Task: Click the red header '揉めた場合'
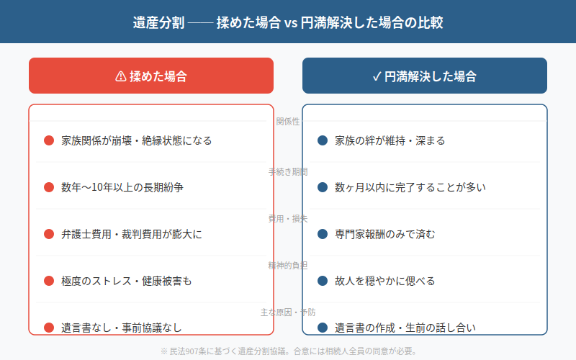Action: [158, 76]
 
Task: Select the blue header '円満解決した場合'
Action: [430, 76]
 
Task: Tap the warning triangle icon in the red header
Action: [120, 76]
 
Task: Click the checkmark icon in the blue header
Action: [377, 76]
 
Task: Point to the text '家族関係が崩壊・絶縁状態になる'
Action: [137, 140]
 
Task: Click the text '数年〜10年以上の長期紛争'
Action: [122, 187]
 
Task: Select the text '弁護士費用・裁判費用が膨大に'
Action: [132, 234]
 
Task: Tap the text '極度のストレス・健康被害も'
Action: [127, 281]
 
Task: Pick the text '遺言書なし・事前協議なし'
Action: [122, 328]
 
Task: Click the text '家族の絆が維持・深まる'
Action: [390, 140]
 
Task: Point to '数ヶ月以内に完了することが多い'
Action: [410, 187]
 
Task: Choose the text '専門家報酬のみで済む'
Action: [385, 234]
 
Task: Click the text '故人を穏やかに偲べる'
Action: [385, 281]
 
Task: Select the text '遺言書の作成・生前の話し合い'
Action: [405, 328]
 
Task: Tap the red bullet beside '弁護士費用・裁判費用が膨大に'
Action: [49, 234]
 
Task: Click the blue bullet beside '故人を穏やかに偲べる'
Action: [323, 281]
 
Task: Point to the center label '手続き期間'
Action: [288, 172]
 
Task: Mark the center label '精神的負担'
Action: [288, 266]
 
